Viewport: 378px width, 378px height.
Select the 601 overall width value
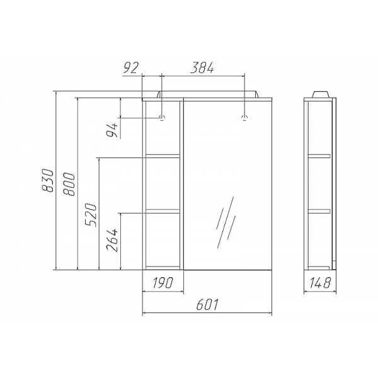208,305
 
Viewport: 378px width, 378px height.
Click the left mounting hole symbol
163,118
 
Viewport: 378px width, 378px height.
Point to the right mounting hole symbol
244,118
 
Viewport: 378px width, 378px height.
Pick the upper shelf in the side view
319,155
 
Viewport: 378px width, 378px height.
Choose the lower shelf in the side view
319,210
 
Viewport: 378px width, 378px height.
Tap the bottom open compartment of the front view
164,238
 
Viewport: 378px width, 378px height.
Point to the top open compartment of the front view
164,129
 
